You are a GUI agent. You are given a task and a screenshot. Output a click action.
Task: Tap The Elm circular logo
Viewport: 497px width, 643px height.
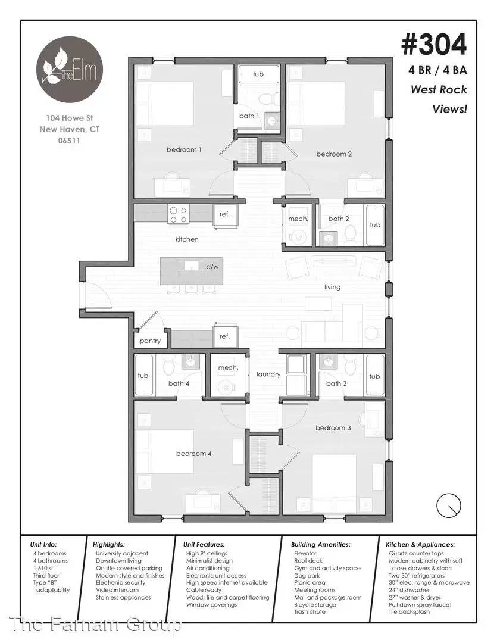tap(69, 69)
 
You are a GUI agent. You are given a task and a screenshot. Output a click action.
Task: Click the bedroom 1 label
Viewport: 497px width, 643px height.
tap(184, 149)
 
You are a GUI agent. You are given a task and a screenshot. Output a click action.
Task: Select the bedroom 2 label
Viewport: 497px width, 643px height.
tap(334, 154)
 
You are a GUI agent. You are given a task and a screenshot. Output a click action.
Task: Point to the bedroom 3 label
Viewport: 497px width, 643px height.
tap(333, 427)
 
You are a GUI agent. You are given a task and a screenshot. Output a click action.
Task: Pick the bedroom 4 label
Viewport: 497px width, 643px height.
tap(193, 454)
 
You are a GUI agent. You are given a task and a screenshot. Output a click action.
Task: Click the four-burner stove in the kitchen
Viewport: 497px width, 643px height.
tap(179, 214)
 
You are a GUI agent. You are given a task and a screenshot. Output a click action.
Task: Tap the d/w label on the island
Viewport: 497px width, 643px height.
tap(212, 267)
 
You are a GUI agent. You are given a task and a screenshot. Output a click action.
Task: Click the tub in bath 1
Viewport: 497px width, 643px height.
tap(258, 74)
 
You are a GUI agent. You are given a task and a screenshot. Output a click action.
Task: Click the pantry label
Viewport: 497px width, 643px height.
tap(150, 341)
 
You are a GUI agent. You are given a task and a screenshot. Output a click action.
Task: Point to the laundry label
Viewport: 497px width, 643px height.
tap(268, 374)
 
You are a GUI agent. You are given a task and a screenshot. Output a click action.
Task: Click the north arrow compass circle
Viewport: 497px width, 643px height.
tap(449, 505)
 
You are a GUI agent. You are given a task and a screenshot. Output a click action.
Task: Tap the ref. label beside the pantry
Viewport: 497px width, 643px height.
tap(224, 336)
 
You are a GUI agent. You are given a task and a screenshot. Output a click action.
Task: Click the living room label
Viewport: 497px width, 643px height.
tap(333, 287)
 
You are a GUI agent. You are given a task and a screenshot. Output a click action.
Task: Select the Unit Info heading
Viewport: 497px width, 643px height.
tap(43, 545)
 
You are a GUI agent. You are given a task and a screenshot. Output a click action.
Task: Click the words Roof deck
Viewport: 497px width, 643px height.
tap(308, 561)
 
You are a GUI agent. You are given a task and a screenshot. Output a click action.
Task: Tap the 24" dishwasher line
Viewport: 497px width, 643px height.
tap(410, 589)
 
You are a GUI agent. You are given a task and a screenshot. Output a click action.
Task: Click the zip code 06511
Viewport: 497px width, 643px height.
tap(69, 141)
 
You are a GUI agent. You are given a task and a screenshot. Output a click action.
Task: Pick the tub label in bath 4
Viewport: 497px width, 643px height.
tap(143, 376)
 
